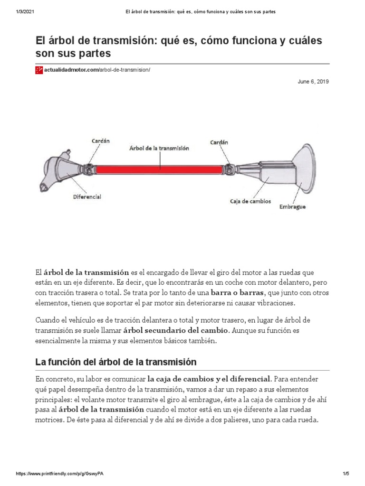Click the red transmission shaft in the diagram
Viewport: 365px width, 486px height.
click(159, 168)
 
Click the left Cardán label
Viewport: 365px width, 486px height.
click(100, 141)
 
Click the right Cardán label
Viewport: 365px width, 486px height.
click(219, 142)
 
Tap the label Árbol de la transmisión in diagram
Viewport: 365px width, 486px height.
click(159, 148)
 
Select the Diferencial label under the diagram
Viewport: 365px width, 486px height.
click(87, 196)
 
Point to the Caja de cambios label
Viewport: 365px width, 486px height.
click(250, 201)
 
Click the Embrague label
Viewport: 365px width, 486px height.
click(292, 207)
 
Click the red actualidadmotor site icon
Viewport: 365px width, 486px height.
click(39, 70)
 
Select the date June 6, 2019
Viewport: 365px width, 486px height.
click(313, 82)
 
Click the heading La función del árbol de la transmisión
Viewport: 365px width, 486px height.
click(116, 362)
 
